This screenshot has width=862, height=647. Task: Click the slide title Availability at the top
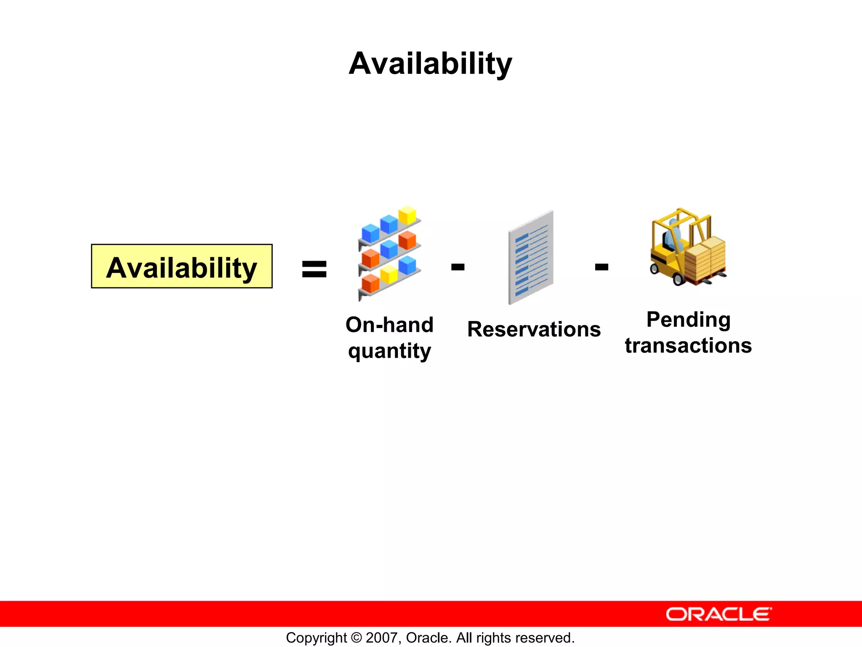(430, 64)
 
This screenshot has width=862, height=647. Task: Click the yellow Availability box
(181, 266)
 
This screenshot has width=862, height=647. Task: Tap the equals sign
(314, 269)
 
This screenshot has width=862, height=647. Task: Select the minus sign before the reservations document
(458, 267)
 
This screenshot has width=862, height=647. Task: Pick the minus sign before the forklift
(601, 267)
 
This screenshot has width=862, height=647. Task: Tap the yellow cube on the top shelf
(407, 215)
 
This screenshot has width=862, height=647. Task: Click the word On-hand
(389, 325)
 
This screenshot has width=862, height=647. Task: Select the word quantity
(389, 351)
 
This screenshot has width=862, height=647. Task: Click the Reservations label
(534, 329)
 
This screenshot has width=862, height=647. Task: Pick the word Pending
(688, 319)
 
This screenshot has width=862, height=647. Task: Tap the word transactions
(688, 345)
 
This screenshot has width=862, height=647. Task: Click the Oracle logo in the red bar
(718, 614)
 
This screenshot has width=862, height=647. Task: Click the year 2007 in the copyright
(381, 638)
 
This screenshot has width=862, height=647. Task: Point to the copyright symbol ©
(356, 638)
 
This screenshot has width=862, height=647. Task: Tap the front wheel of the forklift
(678, 279)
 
